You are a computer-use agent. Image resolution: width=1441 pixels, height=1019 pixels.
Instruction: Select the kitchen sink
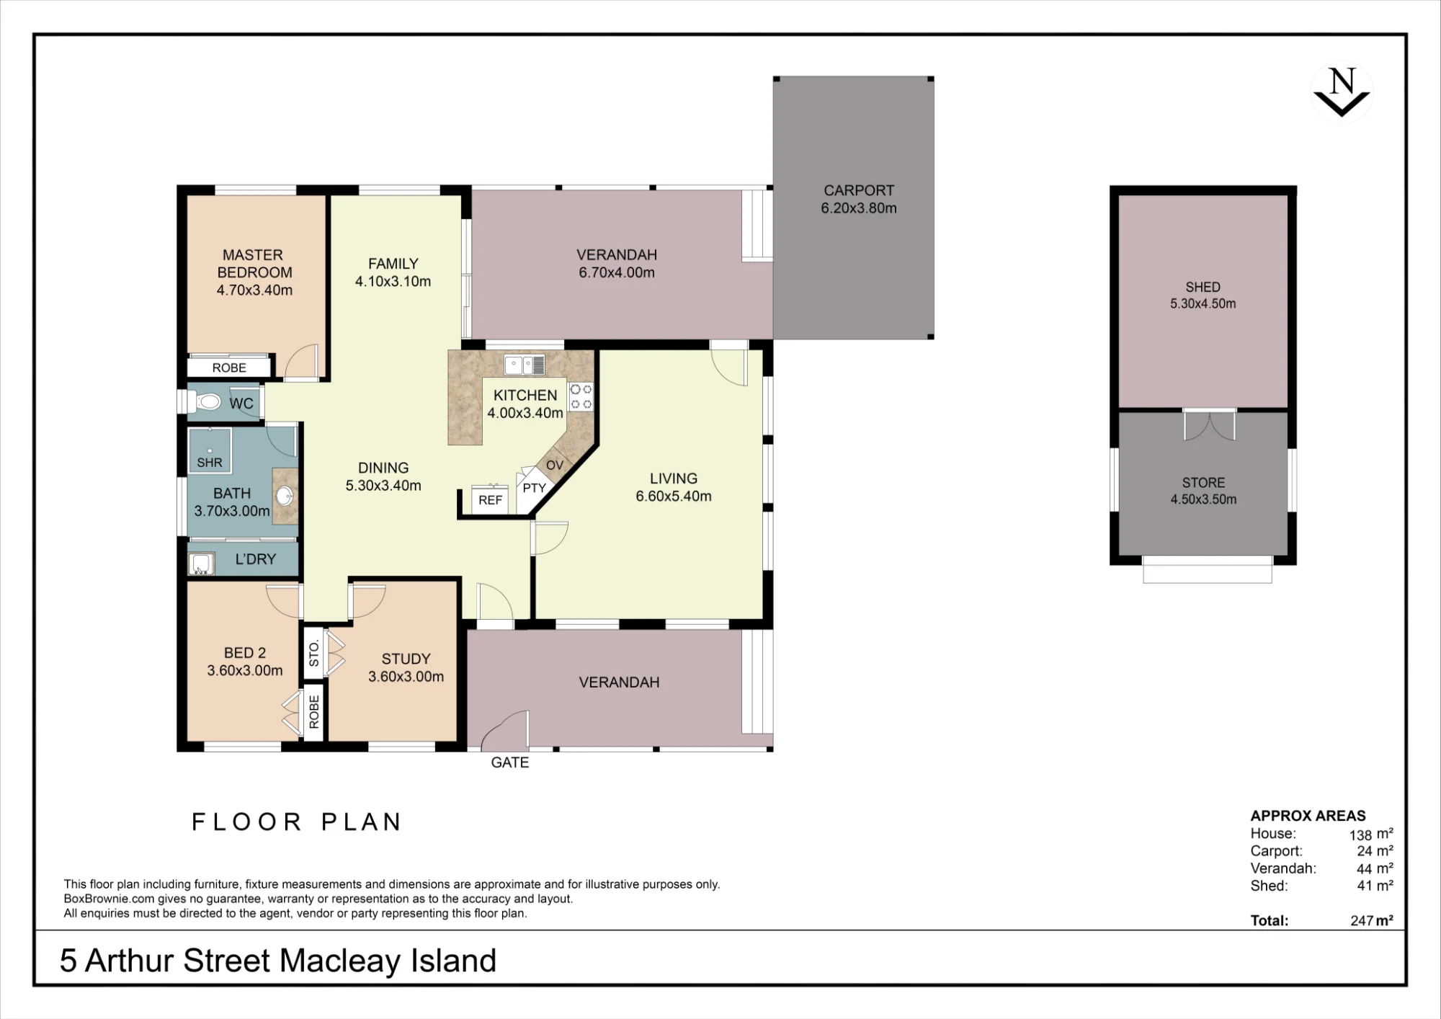coord(524,365)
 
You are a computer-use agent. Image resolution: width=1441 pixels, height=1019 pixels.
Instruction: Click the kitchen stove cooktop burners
coord(581,396)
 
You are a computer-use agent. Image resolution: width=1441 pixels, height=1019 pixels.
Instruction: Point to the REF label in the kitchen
coord(490,500)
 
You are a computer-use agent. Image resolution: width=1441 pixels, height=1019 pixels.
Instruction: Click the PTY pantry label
coord(534,488)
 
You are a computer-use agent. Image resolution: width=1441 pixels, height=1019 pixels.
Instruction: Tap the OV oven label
coord(554,465)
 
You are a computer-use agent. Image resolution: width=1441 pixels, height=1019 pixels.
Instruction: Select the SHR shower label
coord(210,463)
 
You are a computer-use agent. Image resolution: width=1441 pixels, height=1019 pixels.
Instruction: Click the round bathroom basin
coord(285,496)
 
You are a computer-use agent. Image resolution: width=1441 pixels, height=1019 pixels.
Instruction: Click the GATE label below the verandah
coord(509,762)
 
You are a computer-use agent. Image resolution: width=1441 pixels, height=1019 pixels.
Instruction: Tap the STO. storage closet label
coord(313,654)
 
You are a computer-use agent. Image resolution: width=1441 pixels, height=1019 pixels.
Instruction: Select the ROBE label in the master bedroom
coord(229,368)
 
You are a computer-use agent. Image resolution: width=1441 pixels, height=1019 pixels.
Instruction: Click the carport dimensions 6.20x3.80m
coord(858,208)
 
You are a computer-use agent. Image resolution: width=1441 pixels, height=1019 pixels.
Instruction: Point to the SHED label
coord(1203,287)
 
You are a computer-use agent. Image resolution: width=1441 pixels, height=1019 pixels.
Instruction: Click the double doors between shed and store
coord(1210,424)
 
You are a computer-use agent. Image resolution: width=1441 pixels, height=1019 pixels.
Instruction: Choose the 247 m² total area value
coord(1371,920)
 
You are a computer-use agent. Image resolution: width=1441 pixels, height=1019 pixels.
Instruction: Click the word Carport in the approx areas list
coord(1276,851)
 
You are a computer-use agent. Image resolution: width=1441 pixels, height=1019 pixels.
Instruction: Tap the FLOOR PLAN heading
coord(297,822)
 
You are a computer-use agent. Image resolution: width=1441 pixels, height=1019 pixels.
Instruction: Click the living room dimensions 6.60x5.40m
coord(673,496)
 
